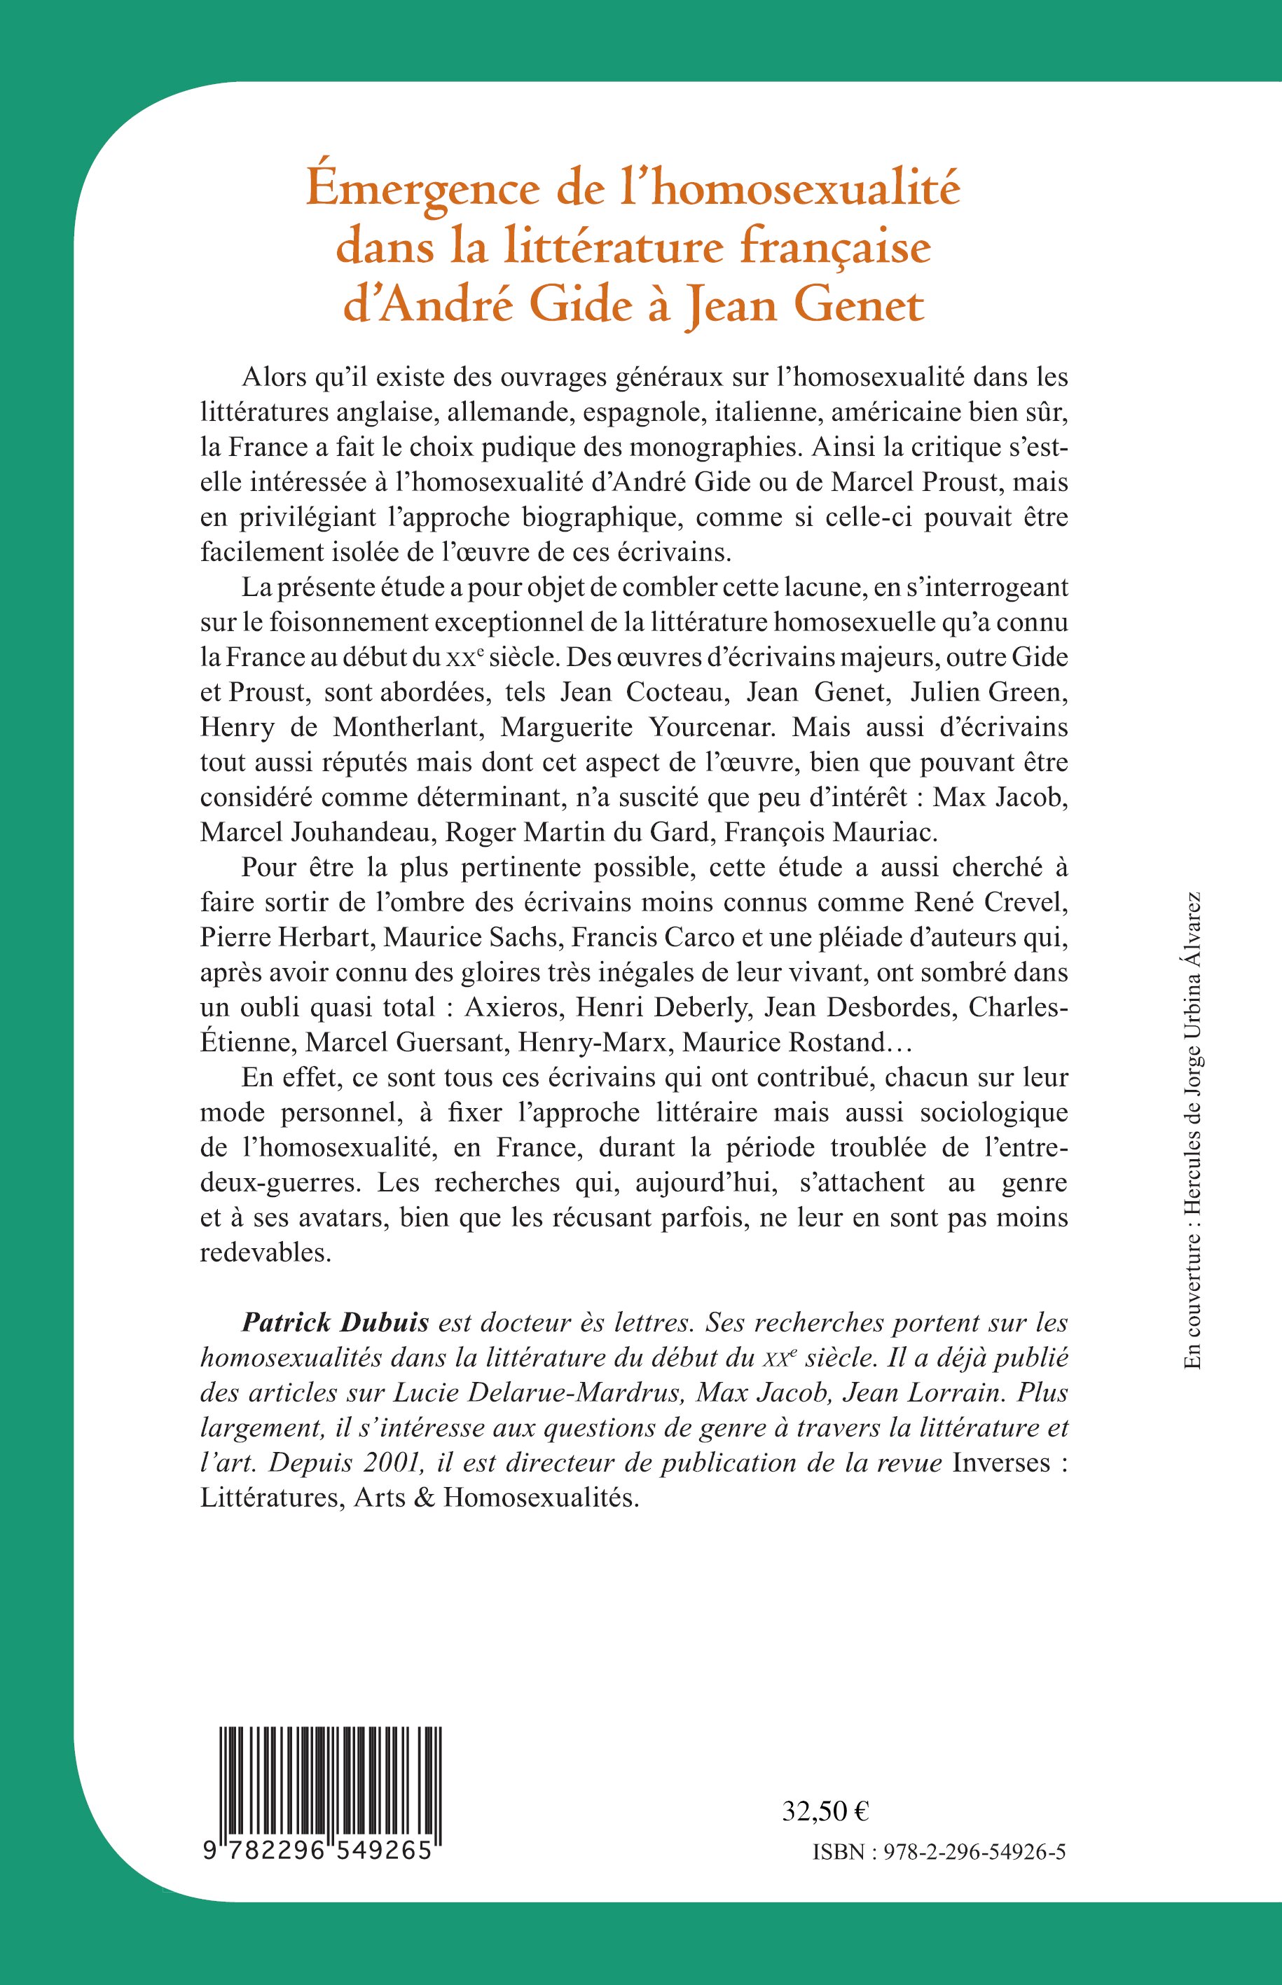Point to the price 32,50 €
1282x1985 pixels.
(x=825, y=1810)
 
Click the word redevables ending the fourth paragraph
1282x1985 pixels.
(x=266, y=1252)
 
